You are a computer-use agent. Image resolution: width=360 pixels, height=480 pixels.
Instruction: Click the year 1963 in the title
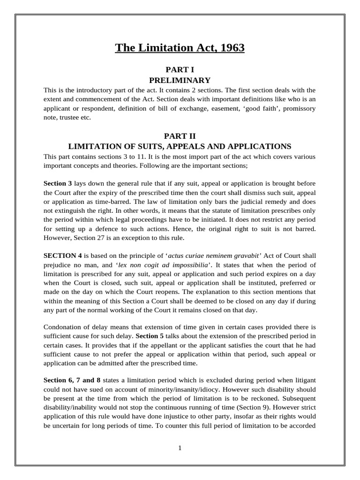(231, 48)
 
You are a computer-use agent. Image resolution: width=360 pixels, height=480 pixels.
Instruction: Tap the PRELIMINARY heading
(180, 80)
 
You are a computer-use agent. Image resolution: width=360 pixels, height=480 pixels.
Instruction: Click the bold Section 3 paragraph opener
(58, 183)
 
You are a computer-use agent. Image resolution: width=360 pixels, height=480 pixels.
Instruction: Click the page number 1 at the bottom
(180, 448)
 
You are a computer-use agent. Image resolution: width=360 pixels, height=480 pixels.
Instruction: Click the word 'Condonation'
(63, 326)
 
